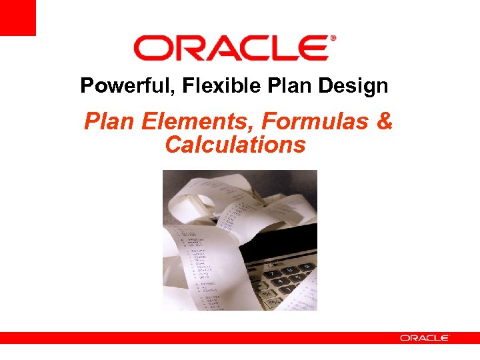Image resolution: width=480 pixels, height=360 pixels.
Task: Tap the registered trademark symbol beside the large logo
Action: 333,39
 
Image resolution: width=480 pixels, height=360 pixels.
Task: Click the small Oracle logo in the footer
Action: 424,338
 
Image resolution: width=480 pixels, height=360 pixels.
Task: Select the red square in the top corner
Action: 17,17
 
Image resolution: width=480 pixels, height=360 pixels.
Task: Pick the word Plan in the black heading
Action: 265,86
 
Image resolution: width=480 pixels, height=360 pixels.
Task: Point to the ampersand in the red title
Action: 385,123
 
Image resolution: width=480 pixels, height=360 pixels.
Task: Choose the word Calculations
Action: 235,145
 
